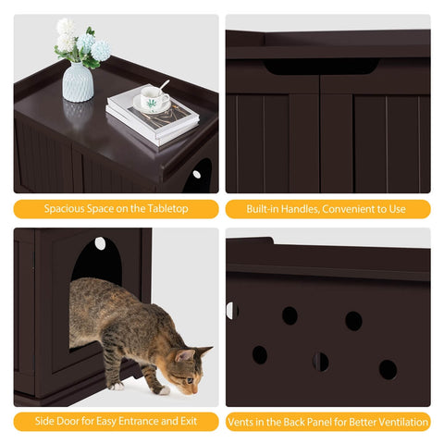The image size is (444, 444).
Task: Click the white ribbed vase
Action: click(77, 82)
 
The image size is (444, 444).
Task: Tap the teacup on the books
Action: click(153, 99)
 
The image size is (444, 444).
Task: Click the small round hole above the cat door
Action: click(100, 243)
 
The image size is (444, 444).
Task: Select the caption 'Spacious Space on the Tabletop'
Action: click(116, 209)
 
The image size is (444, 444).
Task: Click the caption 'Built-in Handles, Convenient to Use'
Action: click(327, 209)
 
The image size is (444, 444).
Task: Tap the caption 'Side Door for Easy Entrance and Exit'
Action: click(116, 422)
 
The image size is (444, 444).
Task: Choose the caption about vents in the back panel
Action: click(327, 422)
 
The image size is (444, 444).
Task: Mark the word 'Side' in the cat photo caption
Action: click(43, 422)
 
